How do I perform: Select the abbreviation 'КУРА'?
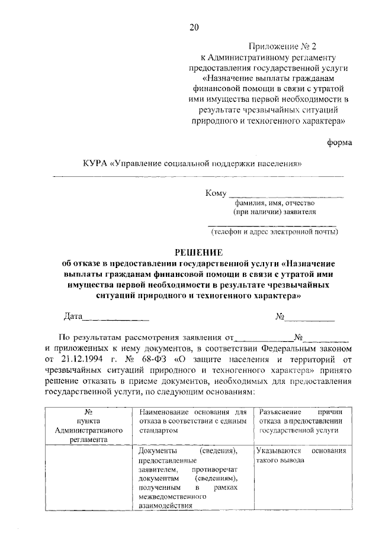coord(97,164)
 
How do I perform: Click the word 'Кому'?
coord(216,193)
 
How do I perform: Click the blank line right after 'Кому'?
coord(285,194)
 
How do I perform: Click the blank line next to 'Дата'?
coord(115,318)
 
